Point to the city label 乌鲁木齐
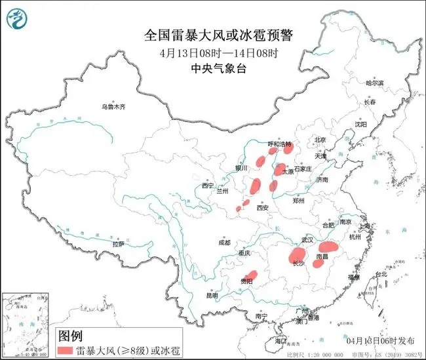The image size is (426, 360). (113, 106)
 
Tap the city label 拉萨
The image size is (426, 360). (118, 244)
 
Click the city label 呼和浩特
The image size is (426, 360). (280, 144)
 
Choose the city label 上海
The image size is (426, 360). (366, 226)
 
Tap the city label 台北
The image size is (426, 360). (380, 274)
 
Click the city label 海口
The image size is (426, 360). (281, 341)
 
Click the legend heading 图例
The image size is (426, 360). (70, 335)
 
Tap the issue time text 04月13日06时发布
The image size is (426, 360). (381, 341)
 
